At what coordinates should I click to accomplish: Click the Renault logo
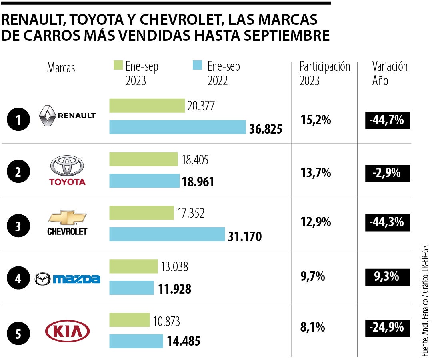(x=67, y=116)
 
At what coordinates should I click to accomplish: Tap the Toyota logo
(x=67, y=171)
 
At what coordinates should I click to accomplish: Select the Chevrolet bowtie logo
(x=67, y=217)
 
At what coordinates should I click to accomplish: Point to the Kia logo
(x=67, y=331)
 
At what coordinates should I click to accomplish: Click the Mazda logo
(x=67, y=279)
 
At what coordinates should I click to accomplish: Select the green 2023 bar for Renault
(x=147, y=106)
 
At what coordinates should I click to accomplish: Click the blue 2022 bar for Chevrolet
(x=167, y=234)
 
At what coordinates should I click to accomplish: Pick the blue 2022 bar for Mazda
(x=131, y=288)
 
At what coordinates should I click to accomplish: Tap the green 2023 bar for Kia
(x=129, y=320)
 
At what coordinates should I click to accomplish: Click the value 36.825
(x=266, y=129)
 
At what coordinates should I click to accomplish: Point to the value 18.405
(x=195, y=160)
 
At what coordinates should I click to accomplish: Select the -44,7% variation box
(x=387, y=120)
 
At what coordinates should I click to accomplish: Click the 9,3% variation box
(x=387, y=276)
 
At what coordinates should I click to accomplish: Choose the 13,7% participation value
(x=316, y=173)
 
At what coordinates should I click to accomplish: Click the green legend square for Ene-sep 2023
(x=117, y=65)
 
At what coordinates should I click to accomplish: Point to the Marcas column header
(x=61, y=68)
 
